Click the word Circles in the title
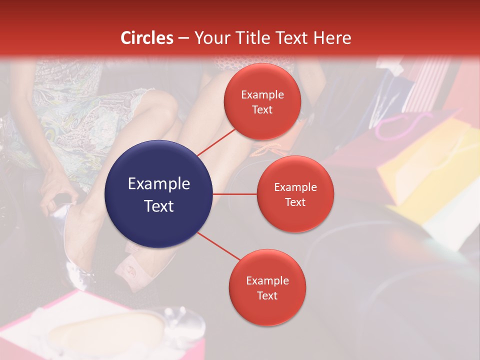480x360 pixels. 146,37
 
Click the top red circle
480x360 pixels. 262,101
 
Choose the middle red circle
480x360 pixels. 295,194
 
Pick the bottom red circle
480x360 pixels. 267,287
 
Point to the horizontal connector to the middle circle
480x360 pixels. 235,194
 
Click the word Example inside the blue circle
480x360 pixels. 159,183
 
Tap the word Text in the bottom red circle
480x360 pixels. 267,295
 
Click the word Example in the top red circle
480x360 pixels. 262,94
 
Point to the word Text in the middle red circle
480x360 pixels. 295,202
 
